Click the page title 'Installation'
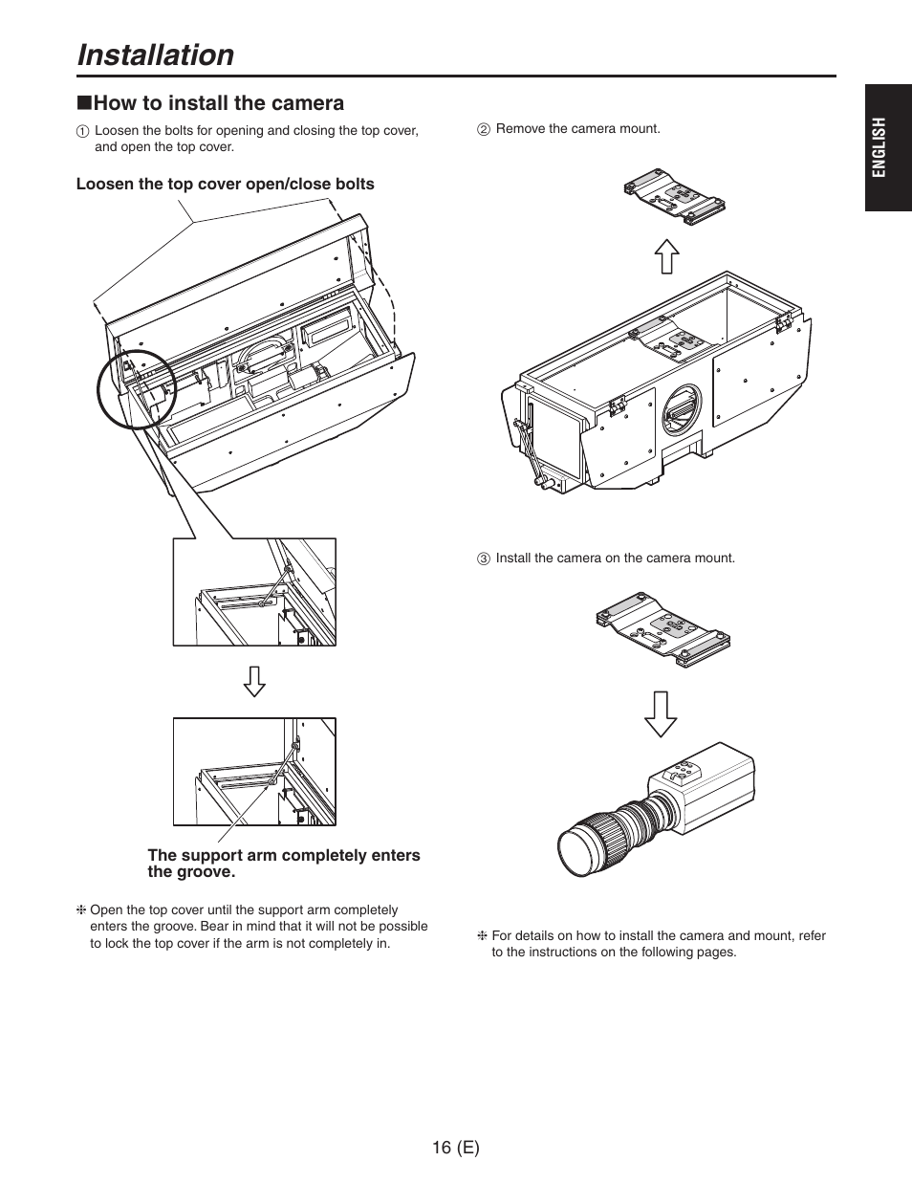pyautogui.click(x=155, y=55)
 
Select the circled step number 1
pyautogui.click(x=83, y=131)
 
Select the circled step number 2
pyautogui.click(x=484, y=129)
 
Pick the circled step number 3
pyautogui.click(x=484, y=559)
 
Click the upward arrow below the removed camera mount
pyautogui.click(x=666, y=257)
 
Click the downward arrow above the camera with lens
pyautogui.click(x=660, y=712)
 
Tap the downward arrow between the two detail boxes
pyautogui.click(x=253, y=680)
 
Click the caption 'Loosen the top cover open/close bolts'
pyautogui.click(x=226, y=184)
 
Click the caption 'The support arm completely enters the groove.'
pyautogui.click(x=283, y=863)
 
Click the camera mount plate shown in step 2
pyautogui.click(x=673, y=198)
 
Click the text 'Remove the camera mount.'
pyautogui.click(x=577, y=128)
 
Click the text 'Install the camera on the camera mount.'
pyautogui.click(x=615, y=558)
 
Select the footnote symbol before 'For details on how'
pyautogui.click(x=483, y=936)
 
